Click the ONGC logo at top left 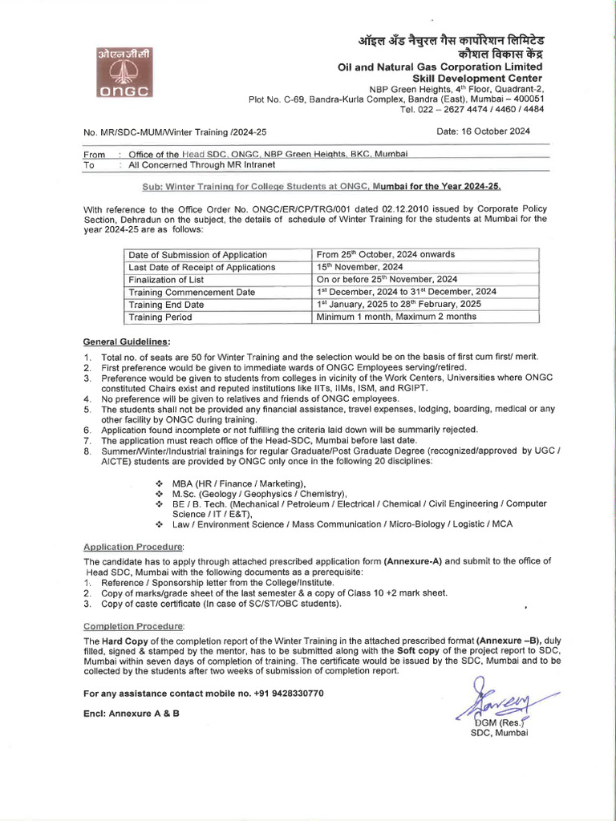[x=129, y=74]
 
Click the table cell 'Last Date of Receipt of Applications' [x=201, y=267]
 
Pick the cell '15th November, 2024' [x=360, y=267]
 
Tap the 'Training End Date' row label [x=166, y=305]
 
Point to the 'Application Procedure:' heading [x=128, y=545]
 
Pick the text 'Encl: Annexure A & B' [x=131, y=713]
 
